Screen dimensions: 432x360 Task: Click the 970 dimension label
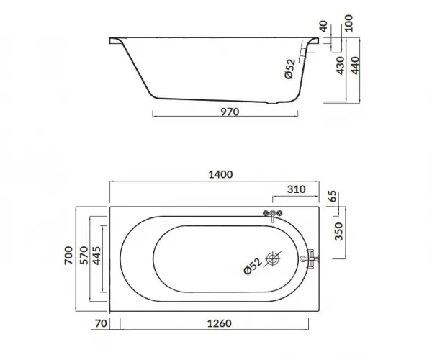pos(230,112)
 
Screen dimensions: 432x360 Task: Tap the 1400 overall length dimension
pos(220,174)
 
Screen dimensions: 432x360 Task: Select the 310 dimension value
pos(296,189)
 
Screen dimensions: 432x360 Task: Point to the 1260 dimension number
pos(220,323)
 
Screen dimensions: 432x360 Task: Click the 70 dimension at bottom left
pos(101,323)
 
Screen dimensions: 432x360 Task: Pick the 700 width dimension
pos(68,256)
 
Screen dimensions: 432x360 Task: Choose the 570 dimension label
pos(84,256)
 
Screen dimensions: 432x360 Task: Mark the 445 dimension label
pos(96,256)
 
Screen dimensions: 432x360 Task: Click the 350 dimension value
pos(338,231)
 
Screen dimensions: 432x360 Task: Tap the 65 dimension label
pos(333,196)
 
